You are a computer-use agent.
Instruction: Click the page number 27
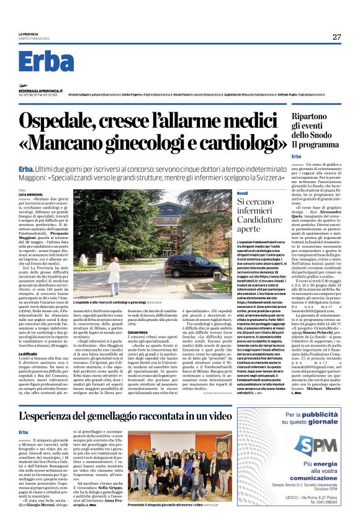[x=336, y=37]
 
